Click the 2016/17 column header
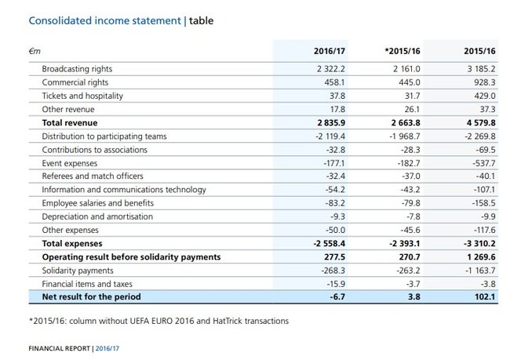click(330, 51)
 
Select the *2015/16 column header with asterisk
click(403, 51)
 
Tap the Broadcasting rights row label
click(77, 69)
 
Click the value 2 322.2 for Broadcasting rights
click(331, 69)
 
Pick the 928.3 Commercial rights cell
click(485, 82)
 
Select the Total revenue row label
click(70, 123)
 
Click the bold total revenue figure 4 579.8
click(481, 123)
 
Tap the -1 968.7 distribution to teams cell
click(405, 136)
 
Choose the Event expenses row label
click(70, 163)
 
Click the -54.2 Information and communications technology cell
click(335, 190)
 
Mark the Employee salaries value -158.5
click(483, 203)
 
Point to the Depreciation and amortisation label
click(97, 216)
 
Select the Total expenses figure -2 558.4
click(330, 244)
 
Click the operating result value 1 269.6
click(482, 257)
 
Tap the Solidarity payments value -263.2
click(409, 271)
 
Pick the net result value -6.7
click(337, 297)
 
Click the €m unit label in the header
click(35, 52)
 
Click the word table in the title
click(202, 21)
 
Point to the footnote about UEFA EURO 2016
click(158, 321)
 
